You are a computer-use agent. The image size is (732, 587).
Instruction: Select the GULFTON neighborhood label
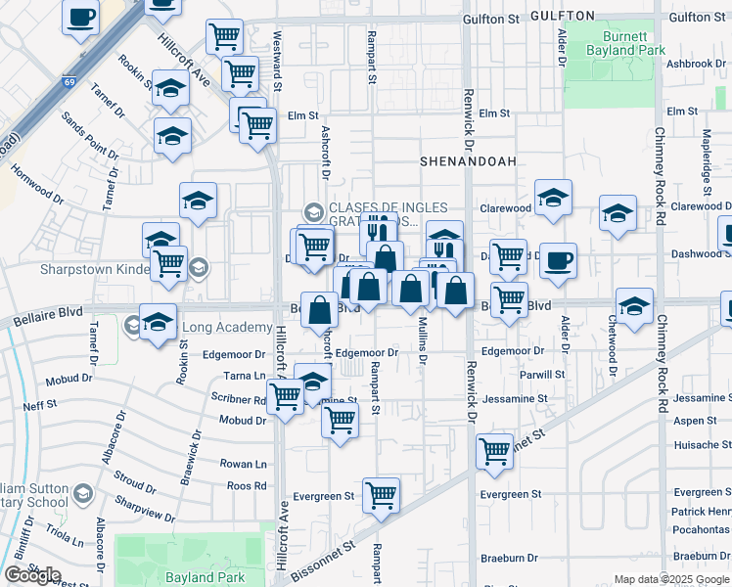tap(562, 17)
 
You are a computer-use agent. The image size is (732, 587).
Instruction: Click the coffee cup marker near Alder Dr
tap(558, 261)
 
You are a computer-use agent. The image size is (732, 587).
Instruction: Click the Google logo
tap(32, 575)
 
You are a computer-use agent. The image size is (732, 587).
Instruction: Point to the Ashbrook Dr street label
tap(696, 64)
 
